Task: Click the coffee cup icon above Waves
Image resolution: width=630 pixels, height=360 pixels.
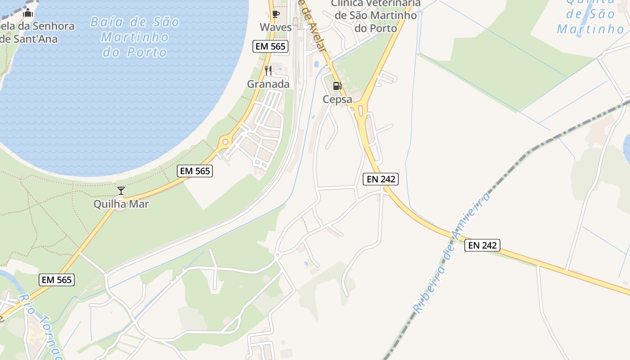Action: coord(276,14)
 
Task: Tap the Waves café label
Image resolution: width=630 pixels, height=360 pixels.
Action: coord(276,27)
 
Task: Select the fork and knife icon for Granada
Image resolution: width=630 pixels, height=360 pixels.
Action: coord(268,71)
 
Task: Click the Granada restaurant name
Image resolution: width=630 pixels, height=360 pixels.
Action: coord(268,84)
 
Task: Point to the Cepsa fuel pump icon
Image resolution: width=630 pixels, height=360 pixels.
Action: coord(337,86)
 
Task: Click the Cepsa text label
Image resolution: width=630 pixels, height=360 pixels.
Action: coord(337,99)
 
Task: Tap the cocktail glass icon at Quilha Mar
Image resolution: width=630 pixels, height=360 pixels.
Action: coord(121,191)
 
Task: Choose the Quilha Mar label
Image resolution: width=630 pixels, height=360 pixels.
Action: coord(121,204)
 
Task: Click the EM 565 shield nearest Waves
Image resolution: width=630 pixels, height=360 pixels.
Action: coord(271,46)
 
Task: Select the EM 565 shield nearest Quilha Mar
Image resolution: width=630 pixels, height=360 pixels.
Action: coord(195,171)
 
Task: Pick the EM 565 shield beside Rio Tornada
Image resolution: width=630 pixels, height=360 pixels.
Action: coord(56,279)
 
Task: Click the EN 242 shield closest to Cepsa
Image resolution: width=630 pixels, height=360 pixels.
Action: coord(381,179)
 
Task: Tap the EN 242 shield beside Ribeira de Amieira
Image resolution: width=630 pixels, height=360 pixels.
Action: coord(482,245)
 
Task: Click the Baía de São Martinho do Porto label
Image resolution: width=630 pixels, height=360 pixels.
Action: coord(135,37)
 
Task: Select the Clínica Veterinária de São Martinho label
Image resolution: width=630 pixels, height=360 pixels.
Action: coord(375,16)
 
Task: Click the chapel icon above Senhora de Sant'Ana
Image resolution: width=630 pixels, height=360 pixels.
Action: coord(28,13)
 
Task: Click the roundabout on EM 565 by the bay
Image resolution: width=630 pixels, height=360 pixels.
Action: coord(225,142)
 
